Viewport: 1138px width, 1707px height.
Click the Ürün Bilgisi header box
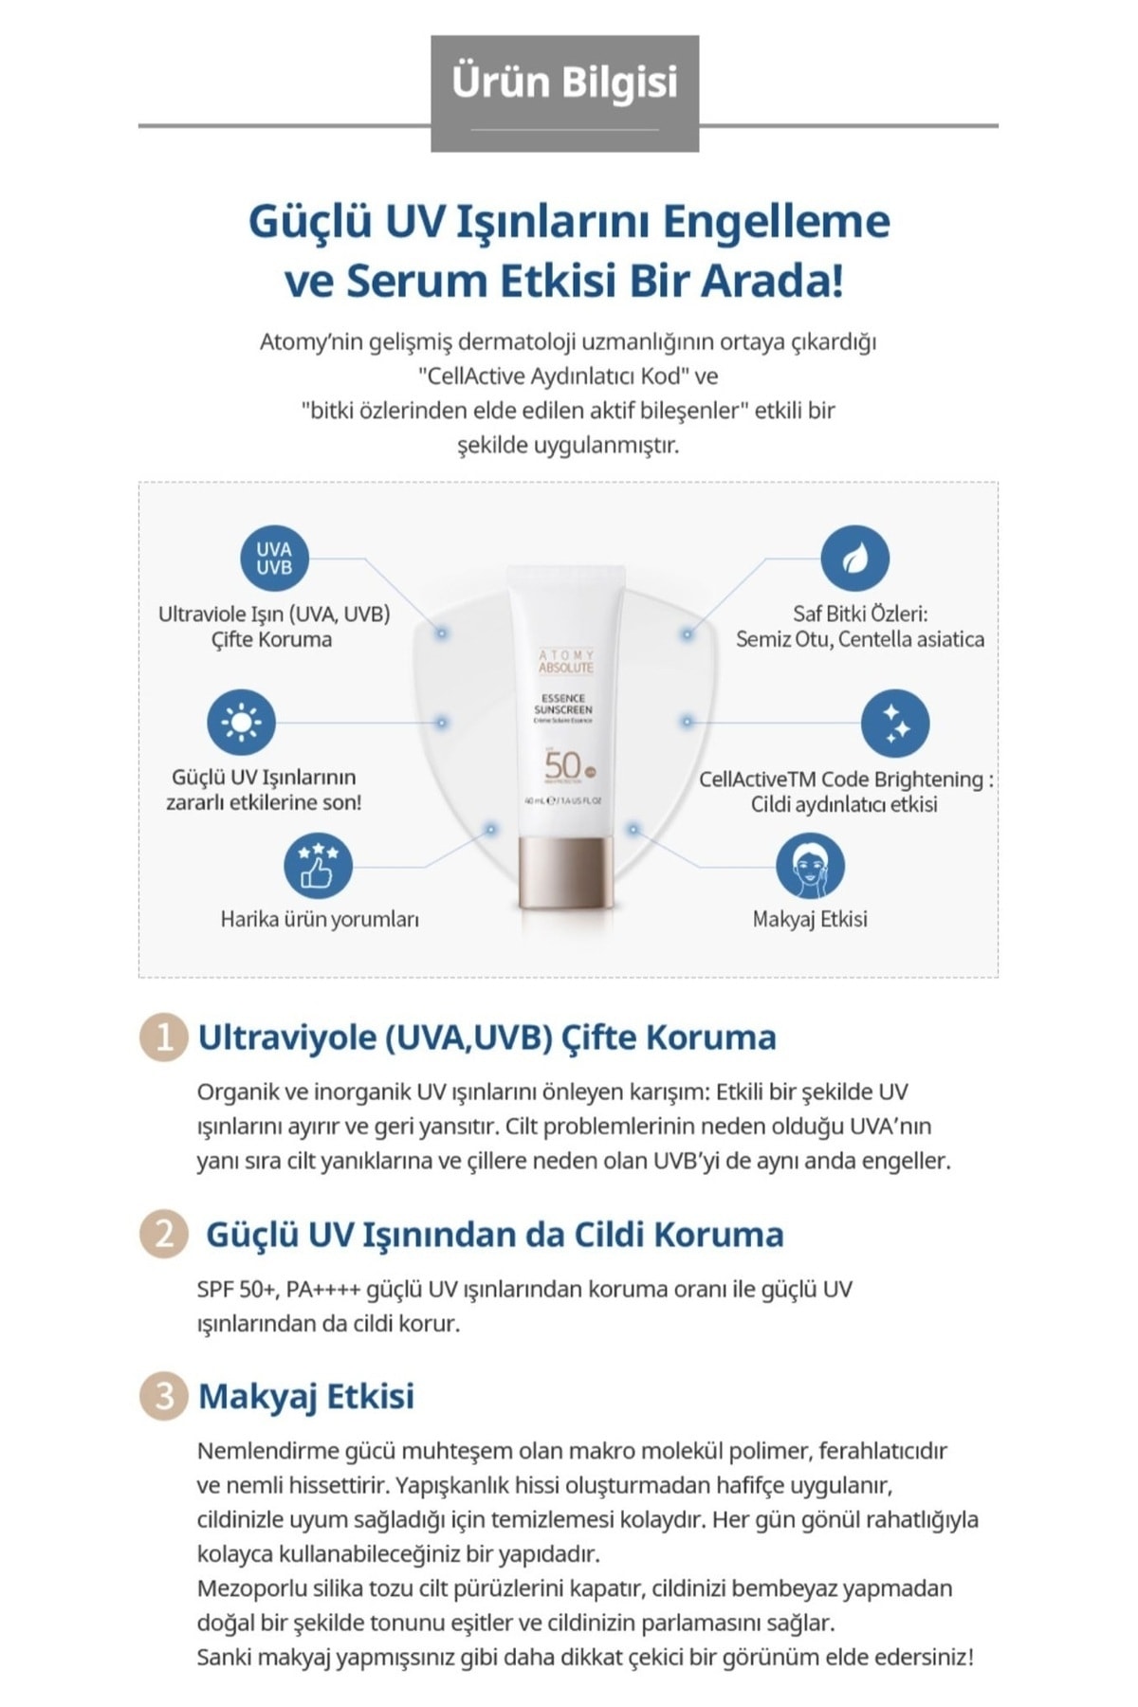coord(564,93)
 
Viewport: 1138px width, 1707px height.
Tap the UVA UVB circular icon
coord(273,559)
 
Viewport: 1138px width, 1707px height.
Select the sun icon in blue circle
coord(241,723)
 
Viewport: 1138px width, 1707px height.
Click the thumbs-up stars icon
coord(318,866)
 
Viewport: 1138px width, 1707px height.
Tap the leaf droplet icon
coord(854,559)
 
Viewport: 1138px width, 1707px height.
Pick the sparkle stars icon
coord(894,724)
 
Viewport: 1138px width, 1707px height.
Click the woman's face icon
coord(809,867)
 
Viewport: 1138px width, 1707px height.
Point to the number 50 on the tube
coord(562,765)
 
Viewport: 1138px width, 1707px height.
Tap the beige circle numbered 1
coord(163,1037)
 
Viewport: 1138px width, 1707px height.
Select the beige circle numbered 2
coord(163,1234)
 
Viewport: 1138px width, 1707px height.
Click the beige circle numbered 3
coord(163,1396)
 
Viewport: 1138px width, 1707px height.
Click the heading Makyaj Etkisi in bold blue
coord(305,1396)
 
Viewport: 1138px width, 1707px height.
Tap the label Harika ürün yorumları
coord(320,919)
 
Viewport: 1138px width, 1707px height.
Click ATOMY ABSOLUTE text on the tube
coord(565,662)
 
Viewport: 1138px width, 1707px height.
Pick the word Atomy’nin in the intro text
coord(304,341)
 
